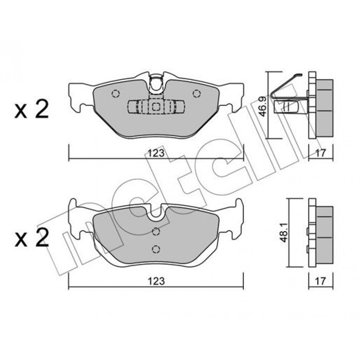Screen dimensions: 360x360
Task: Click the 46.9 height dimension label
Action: coord(264,107)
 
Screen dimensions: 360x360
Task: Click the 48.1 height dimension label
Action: coord(284,233)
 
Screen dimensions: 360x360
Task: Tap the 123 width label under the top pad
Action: coord(156,153)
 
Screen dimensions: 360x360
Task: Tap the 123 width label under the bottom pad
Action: coord(156,281)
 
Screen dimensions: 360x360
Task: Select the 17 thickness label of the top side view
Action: coord(320,153)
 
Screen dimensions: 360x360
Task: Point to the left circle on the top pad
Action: coord(116,94)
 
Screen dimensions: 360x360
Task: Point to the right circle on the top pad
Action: coord(197,94)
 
